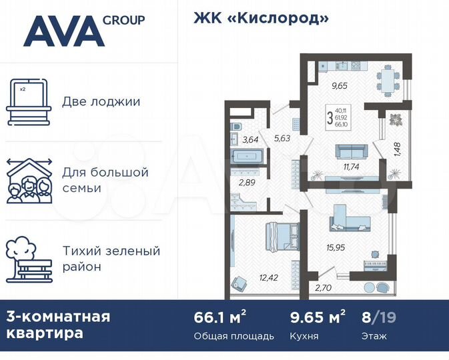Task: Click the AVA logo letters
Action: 63,31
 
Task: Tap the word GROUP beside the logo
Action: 123,19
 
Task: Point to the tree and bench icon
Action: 29,259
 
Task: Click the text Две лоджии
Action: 101,102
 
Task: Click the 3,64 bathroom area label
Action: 250,139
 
